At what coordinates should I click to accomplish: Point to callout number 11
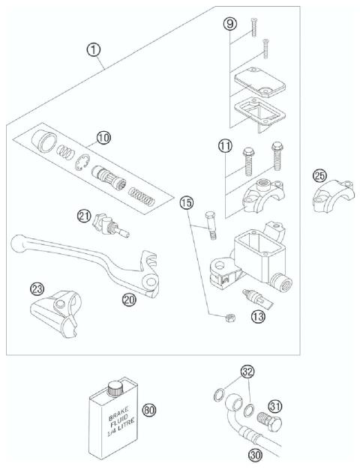point(225,148)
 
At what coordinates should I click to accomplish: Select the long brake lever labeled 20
point(90,259)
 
